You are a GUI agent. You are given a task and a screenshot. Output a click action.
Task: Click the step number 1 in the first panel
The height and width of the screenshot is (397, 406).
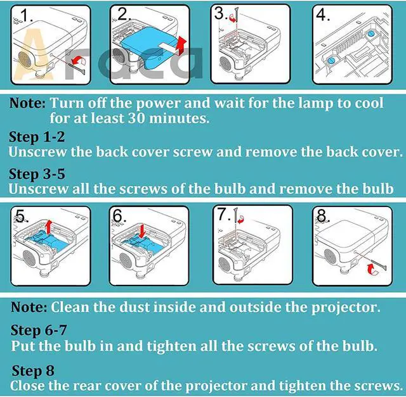pyautogui.click(x=26, y=15)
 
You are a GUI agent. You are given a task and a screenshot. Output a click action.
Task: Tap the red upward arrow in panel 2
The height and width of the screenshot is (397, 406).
pyautogui.click(x=182, y=45)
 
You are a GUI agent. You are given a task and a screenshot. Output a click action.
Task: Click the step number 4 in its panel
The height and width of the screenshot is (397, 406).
pyautogui.click(x=323, y=15)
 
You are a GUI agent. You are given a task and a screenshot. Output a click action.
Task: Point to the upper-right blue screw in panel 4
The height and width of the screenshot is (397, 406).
pyautogui.click(x=370, y=34)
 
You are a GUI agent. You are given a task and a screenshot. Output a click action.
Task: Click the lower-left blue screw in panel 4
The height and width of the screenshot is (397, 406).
pyautogui.click(x=331, y=61)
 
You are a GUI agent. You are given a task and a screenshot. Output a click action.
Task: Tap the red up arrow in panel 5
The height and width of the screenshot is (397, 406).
pyautogui.click(x=48, y=227)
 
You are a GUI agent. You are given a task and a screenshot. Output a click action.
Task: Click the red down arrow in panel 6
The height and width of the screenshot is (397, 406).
pyautogui.click(x=142, y=231)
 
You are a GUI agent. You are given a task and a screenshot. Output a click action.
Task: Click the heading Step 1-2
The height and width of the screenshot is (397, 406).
pyautogui.click(x=37, y=137)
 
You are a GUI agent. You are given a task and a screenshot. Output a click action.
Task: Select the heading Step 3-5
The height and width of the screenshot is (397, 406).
pyautogui.click(x=37, y=174)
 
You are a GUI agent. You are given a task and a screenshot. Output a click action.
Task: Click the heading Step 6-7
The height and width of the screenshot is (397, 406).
pyautogui.click(x=39, y=331)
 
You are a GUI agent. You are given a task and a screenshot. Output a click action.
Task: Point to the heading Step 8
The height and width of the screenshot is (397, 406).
pyautogui.click(x=33, y=370)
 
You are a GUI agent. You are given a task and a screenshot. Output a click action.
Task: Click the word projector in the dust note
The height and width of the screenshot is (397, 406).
pyautogui.click(x=346, y=308)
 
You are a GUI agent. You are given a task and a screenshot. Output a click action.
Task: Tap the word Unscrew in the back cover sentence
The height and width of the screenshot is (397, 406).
pyautogui.click(x=37, y=152)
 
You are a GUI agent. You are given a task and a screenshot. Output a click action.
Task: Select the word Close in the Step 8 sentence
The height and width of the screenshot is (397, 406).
pyautogui.click(x=27, y=386)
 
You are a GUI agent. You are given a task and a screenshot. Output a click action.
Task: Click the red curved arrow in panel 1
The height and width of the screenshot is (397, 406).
pyautogui.click(x=79, y=61)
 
